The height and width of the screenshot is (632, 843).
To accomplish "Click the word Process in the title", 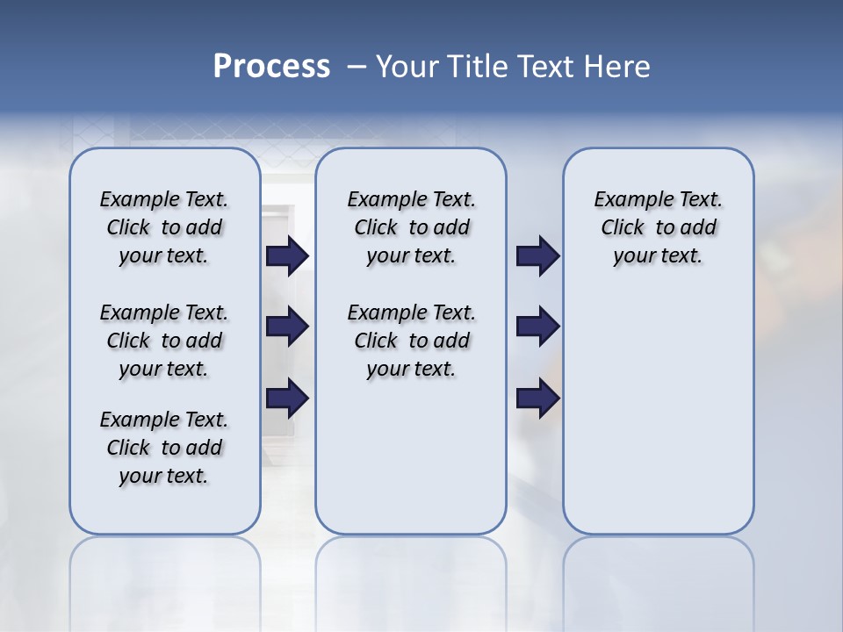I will [271, 67].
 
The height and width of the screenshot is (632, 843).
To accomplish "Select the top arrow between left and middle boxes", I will [287, 256].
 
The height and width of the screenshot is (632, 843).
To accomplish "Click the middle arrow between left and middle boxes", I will [287, 327].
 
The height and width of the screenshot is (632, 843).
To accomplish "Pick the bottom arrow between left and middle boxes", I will [287, 398].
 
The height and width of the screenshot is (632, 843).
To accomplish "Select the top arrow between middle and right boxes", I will [537, 256].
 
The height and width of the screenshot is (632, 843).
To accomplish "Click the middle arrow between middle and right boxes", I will [537, 327].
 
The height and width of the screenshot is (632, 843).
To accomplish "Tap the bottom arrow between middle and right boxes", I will [537, 398].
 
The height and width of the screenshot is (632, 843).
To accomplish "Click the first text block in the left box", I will [164, 227].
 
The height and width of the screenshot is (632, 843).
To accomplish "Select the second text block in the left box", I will [164, 341].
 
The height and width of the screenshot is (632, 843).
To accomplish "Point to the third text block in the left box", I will [164, 448].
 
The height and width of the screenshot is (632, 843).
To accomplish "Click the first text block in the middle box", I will [411, 227].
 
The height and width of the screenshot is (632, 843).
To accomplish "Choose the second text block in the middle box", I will [411, 341].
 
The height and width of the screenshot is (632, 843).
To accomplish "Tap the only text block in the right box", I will [658, 227].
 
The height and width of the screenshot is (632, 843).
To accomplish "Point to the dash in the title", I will [357, 67].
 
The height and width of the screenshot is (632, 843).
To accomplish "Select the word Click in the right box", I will [623, 227].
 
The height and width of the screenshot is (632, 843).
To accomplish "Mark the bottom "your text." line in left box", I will [163, 476].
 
